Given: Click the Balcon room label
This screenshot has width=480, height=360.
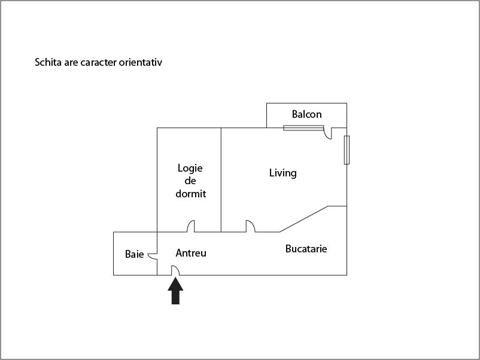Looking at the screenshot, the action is click(x=307, y=114).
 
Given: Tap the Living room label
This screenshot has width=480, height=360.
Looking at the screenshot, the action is click(x=283, y=173).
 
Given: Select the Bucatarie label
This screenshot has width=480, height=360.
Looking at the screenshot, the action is click(x=306, y=249).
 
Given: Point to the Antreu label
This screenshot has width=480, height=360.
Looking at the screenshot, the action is click(x=191, y=253).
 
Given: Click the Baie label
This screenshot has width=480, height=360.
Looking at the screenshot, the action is click(x=135, y=254).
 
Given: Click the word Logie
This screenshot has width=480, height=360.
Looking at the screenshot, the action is click(x=190, y=169).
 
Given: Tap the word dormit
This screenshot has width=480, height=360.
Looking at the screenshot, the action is click(x=191, y=194).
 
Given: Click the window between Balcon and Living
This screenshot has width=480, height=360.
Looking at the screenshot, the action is click(x=303, y=128).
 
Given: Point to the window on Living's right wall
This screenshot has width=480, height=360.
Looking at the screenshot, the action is click(x=347, y=150).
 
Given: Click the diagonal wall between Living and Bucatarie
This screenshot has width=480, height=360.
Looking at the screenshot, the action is click(x=303, y=219).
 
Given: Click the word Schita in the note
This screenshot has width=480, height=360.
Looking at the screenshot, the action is click(x=48, y=62).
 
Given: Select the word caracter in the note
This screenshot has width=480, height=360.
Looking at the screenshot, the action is click(x=99, y=62).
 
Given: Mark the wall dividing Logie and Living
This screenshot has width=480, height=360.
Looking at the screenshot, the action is click(x=221, y=180).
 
